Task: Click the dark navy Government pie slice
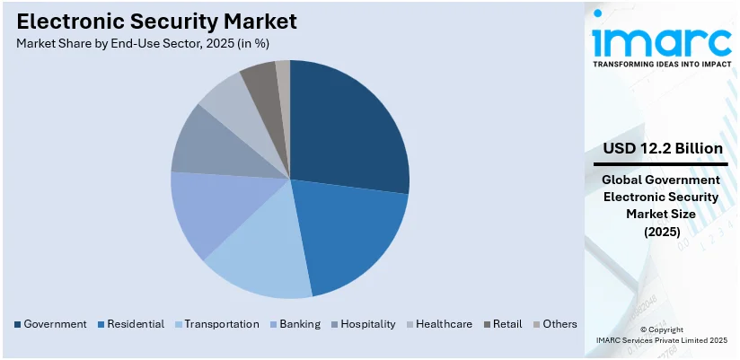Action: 346,126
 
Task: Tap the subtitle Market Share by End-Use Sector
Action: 143,43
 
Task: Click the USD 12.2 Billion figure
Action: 661,148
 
